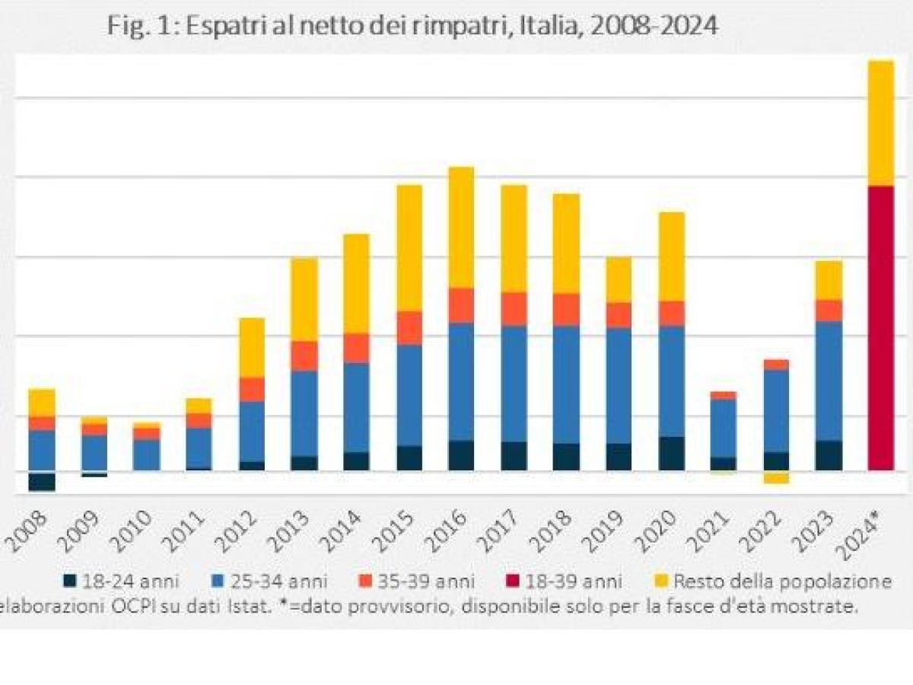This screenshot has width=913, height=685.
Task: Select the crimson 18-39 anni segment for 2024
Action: (x=881, y=327)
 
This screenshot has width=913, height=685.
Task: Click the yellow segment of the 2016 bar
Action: (x=460, y=227)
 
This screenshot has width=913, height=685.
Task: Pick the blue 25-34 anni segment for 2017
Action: (x=514, y=384)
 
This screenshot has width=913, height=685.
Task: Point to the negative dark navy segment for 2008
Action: (x=42, y=481)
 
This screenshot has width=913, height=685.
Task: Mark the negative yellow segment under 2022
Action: (x=776, y=479)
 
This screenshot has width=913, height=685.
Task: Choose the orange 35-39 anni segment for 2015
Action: (x=409, y=328)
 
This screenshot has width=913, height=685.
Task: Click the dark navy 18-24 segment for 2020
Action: (x=671, y=454)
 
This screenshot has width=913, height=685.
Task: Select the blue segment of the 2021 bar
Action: (x=723, y=428)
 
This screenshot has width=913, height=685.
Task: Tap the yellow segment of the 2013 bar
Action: (x=304, y=299)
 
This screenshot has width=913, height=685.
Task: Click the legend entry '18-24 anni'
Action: (x=122, y=581)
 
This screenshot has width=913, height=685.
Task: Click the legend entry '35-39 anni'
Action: (x=418, y=581)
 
